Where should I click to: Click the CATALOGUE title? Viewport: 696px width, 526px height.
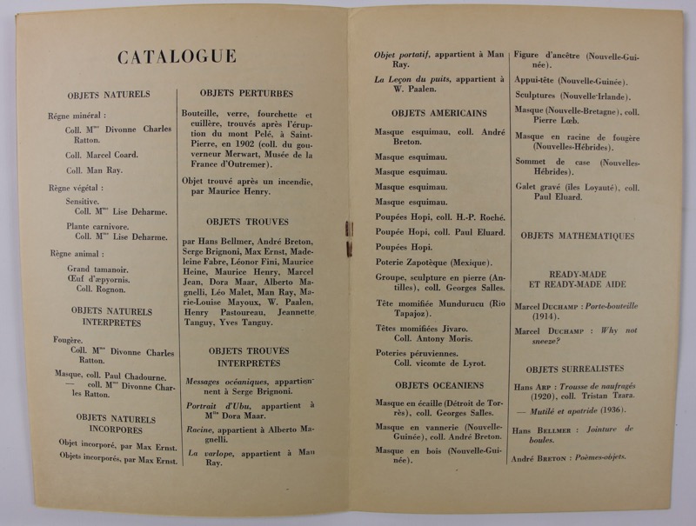(x=177, y=57)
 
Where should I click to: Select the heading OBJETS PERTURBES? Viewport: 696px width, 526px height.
(x=246, y=93)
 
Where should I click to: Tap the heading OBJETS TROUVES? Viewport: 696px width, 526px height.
(x=248, y=222)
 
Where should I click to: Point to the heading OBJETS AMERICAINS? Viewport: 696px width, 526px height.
(x=438, y=114)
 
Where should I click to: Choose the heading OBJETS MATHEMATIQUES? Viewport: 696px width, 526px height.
(x=577, y=236)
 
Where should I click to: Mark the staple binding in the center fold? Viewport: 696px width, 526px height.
(x=349, y=239)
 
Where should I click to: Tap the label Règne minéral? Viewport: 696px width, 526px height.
(x=77, y=115)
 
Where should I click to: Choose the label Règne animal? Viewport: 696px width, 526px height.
(x=75, y=254)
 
